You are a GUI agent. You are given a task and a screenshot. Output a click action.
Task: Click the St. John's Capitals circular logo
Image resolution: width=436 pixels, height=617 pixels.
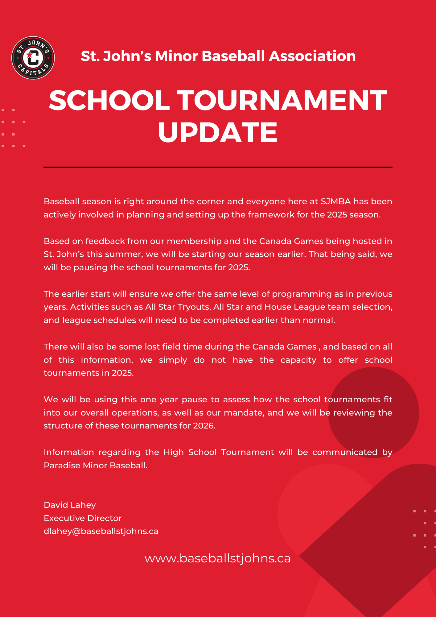pyautogui.click(x=33, y=58)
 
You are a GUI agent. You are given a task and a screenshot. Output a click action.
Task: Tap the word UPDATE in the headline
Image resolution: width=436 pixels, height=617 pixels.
pyautogui.click(x=218, y=132)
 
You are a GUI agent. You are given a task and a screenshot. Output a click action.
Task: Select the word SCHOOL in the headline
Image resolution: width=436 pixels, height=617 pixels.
pyautogui.click(x=109, y=101)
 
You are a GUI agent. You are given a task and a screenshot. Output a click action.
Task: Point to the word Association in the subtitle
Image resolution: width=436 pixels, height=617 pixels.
pyautogui.click(x=312, y=56)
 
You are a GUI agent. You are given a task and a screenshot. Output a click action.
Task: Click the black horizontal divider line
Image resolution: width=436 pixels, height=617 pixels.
pyautogui.click(x=218, y=167)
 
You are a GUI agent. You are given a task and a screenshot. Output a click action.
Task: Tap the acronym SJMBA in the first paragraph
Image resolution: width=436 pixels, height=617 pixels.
pyautogui.click(x=335, y=201)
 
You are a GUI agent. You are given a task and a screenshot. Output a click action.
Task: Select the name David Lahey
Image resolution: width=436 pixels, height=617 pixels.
pyautogui.click(x=70, y=505)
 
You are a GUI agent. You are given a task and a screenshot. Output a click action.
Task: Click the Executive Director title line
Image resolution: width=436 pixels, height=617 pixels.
pyautogui.click(x=83, y=518)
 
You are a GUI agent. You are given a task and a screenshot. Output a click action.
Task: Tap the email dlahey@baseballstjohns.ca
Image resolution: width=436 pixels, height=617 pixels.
pyautogui.click(x=101, y=531)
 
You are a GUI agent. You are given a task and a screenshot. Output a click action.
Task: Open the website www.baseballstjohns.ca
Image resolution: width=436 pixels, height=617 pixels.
pyautogui.click(x=217, y=558)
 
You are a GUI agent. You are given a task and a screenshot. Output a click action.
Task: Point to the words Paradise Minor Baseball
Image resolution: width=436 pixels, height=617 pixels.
pyautogui.click(x=95, y=466)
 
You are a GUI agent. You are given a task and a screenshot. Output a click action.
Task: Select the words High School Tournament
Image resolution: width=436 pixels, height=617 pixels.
pyautogui.click(x=219, y=452)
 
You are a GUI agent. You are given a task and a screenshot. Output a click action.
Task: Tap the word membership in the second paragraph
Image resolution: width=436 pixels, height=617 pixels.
pyautogui.click(x=194, y=241)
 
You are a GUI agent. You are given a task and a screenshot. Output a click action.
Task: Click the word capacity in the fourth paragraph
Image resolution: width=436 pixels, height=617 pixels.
pyautogui.click(x=298, y=360)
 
